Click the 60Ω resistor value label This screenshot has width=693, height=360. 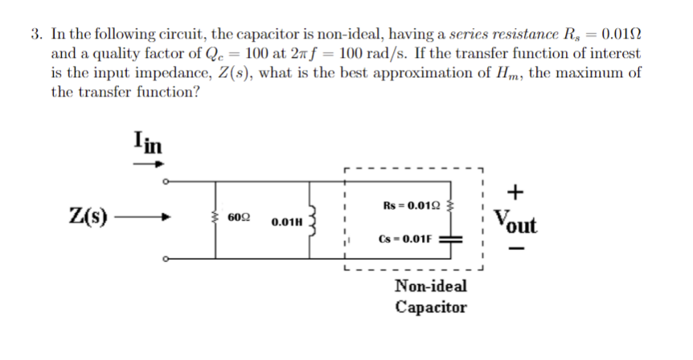[239, 218]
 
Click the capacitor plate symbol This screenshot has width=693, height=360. [452, 239]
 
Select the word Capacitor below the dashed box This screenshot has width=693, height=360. [430, 307]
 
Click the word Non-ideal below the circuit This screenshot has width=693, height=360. [430, 286]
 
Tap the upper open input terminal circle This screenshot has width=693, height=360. [166, 181]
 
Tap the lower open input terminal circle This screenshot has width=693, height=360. [166, 259]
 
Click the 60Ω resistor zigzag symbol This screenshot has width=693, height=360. [215, 218]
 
